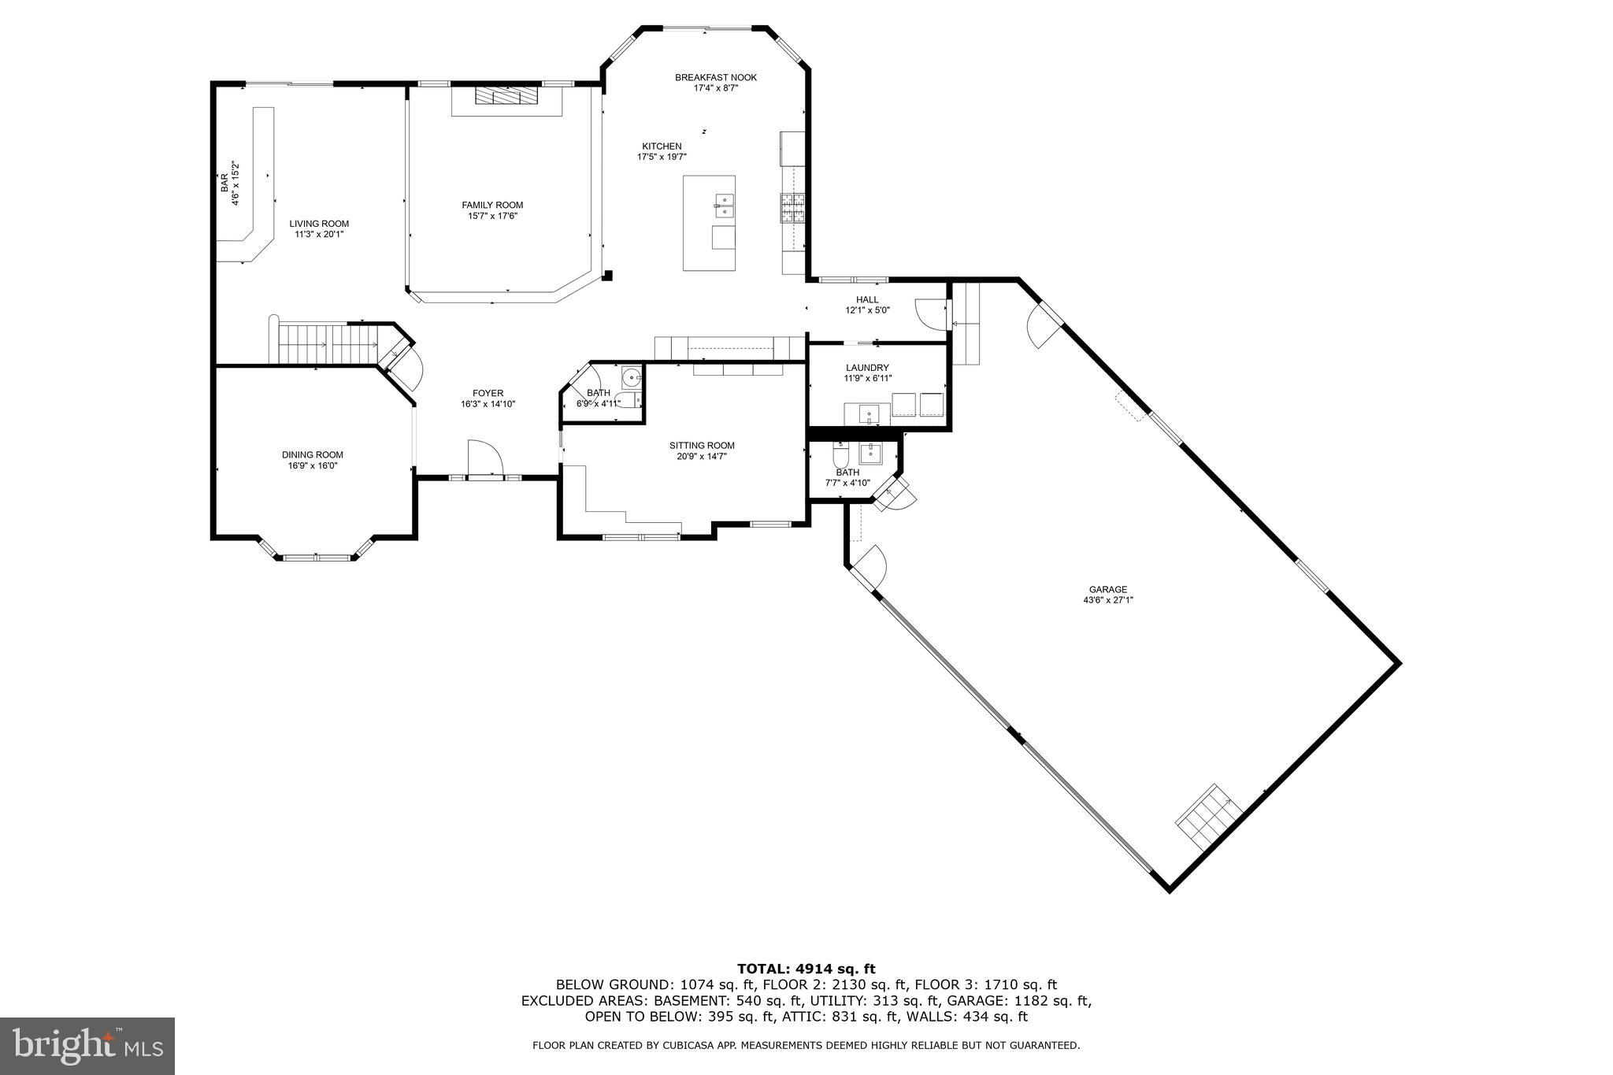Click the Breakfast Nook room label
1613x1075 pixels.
pyautogui.click(x=715, y=77)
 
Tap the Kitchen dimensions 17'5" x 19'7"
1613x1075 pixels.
pyautogui.click(x=662, y=157)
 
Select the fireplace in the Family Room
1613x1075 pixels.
pyautogui.click(x=506, y=95)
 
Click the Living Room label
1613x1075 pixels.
pyautogui.click(x=319, y=224)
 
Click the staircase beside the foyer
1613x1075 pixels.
pyautogui.click(x=327, y=344)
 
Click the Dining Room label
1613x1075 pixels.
pyautogui.click(x=313, y=454)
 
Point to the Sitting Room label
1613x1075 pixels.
pyautogui.click(x=702, y=445)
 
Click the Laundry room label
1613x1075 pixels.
pyautogui.click(x=867, y=368)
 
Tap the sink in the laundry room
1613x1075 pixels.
pyautogui.click(x=867, y=412)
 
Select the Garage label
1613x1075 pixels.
pyautogui.click(x=1108, y=589)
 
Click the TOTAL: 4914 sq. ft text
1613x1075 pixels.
pyautogui.click(x=806, y=969)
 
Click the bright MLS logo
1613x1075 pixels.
pyautogui.click(x=87, y=1046)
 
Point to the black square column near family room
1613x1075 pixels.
pyautogui.click(x=607, y=276)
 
